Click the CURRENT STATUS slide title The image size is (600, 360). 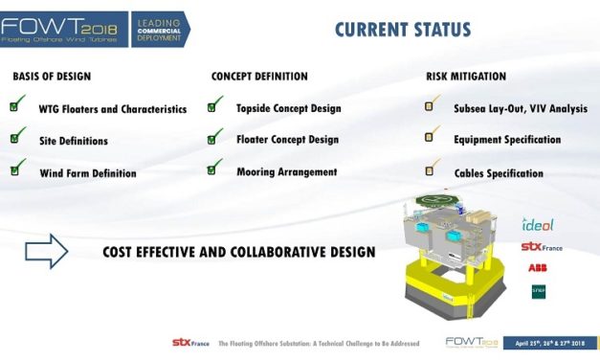click(402, 30)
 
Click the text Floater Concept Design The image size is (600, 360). click(287, 140)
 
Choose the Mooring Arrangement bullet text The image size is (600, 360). click(286, 172)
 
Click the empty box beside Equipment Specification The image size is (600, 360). click(432, 139)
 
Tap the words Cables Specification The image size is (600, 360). click(499, 173)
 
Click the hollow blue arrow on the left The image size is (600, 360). click(46, 252)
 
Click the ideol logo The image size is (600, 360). click(538, 225)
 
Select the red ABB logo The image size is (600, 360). click(537, 267)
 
